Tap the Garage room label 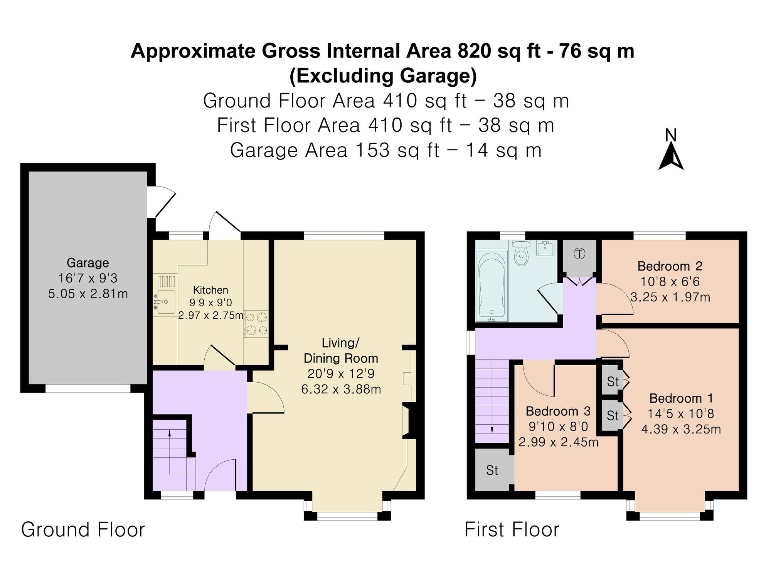click(88, 263)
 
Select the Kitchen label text click(210, 290)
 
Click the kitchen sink click(165, 302)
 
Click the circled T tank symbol click(579, 254)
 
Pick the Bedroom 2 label click(670, 266)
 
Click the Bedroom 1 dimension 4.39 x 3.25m click(681, 429)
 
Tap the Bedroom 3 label click(558, 411)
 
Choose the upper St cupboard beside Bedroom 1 click(613, 381)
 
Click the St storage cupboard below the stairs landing click(492, 470)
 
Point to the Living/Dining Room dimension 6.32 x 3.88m click(341, 389)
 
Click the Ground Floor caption click(83, 529)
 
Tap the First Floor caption click(512, 529)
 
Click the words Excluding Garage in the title click(383, 76)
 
